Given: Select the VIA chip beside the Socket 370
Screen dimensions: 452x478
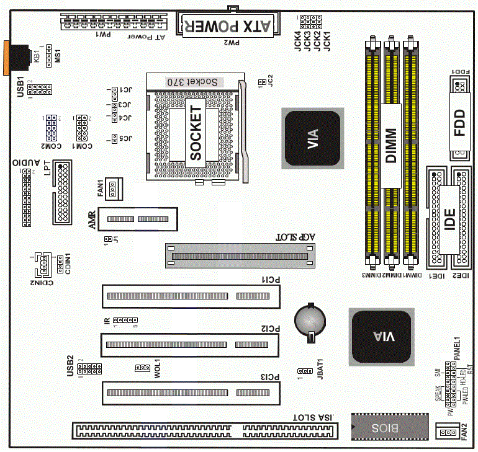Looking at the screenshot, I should (312, 138).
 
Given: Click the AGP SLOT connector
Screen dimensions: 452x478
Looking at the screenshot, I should (240, 255).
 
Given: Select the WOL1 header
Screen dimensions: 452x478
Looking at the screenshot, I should (143, 368).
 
